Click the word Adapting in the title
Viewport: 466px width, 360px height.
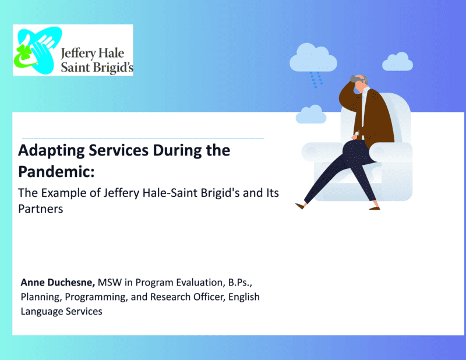[x=51, y=151]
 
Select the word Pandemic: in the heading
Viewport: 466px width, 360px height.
[x=57, y=171]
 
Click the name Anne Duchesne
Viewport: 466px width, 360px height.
[x=58, y=283]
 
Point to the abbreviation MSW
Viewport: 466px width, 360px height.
[x=110, y=282]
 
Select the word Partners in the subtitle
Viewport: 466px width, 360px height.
[x=41, y=209]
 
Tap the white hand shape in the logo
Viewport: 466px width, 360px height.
[x=41, y=48]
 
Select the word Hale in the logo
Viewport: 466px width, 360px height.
[x=111, y=53]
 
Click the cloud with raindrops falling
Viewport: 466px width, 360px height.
[x=313, y=58]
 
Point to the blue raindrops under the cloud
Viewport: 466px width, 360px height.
[x=316, y=80]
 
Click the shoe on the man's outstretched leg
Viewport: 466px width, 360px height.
[x=300, y=206]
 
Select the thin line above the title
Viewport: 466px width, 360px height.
[x=143, y=138]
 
